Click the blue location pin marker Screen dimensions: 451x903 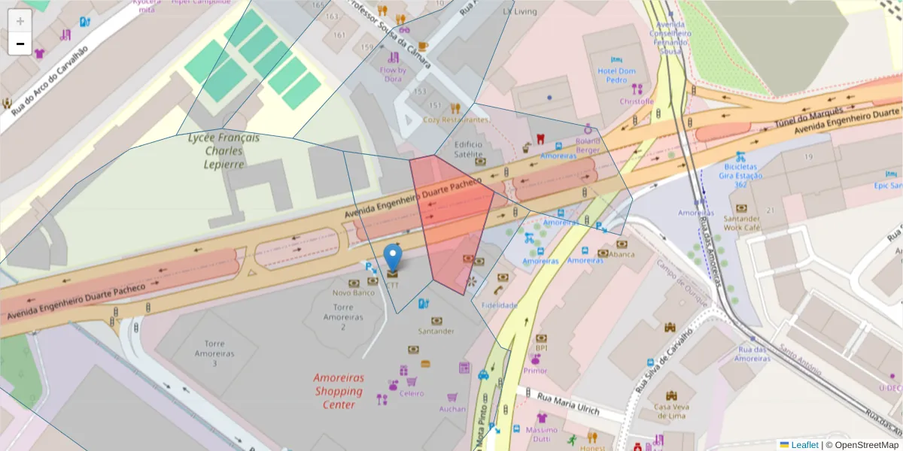click(393, 258)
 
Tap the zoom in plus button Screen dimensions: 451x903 click(20, 21)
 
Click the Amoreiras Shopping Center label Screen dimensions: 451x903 click(339, 391)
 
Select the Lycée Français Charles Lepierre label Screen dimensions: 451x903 click(223, 151)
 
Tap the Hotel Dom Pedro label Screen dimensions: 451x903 click(616, 75)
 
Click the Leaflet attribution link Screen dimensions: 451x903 click(804, 445)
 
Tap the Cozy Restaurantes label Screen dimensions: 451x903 click(455, 120)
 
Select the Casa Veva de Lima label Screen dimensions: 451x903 click(672, 411)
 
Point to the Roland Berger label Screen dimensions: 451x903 click(587, 144)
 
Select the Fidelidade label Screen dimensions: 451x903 click(500, 305)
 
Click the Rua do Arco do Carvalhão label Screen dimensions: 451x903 click(50, 80)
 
